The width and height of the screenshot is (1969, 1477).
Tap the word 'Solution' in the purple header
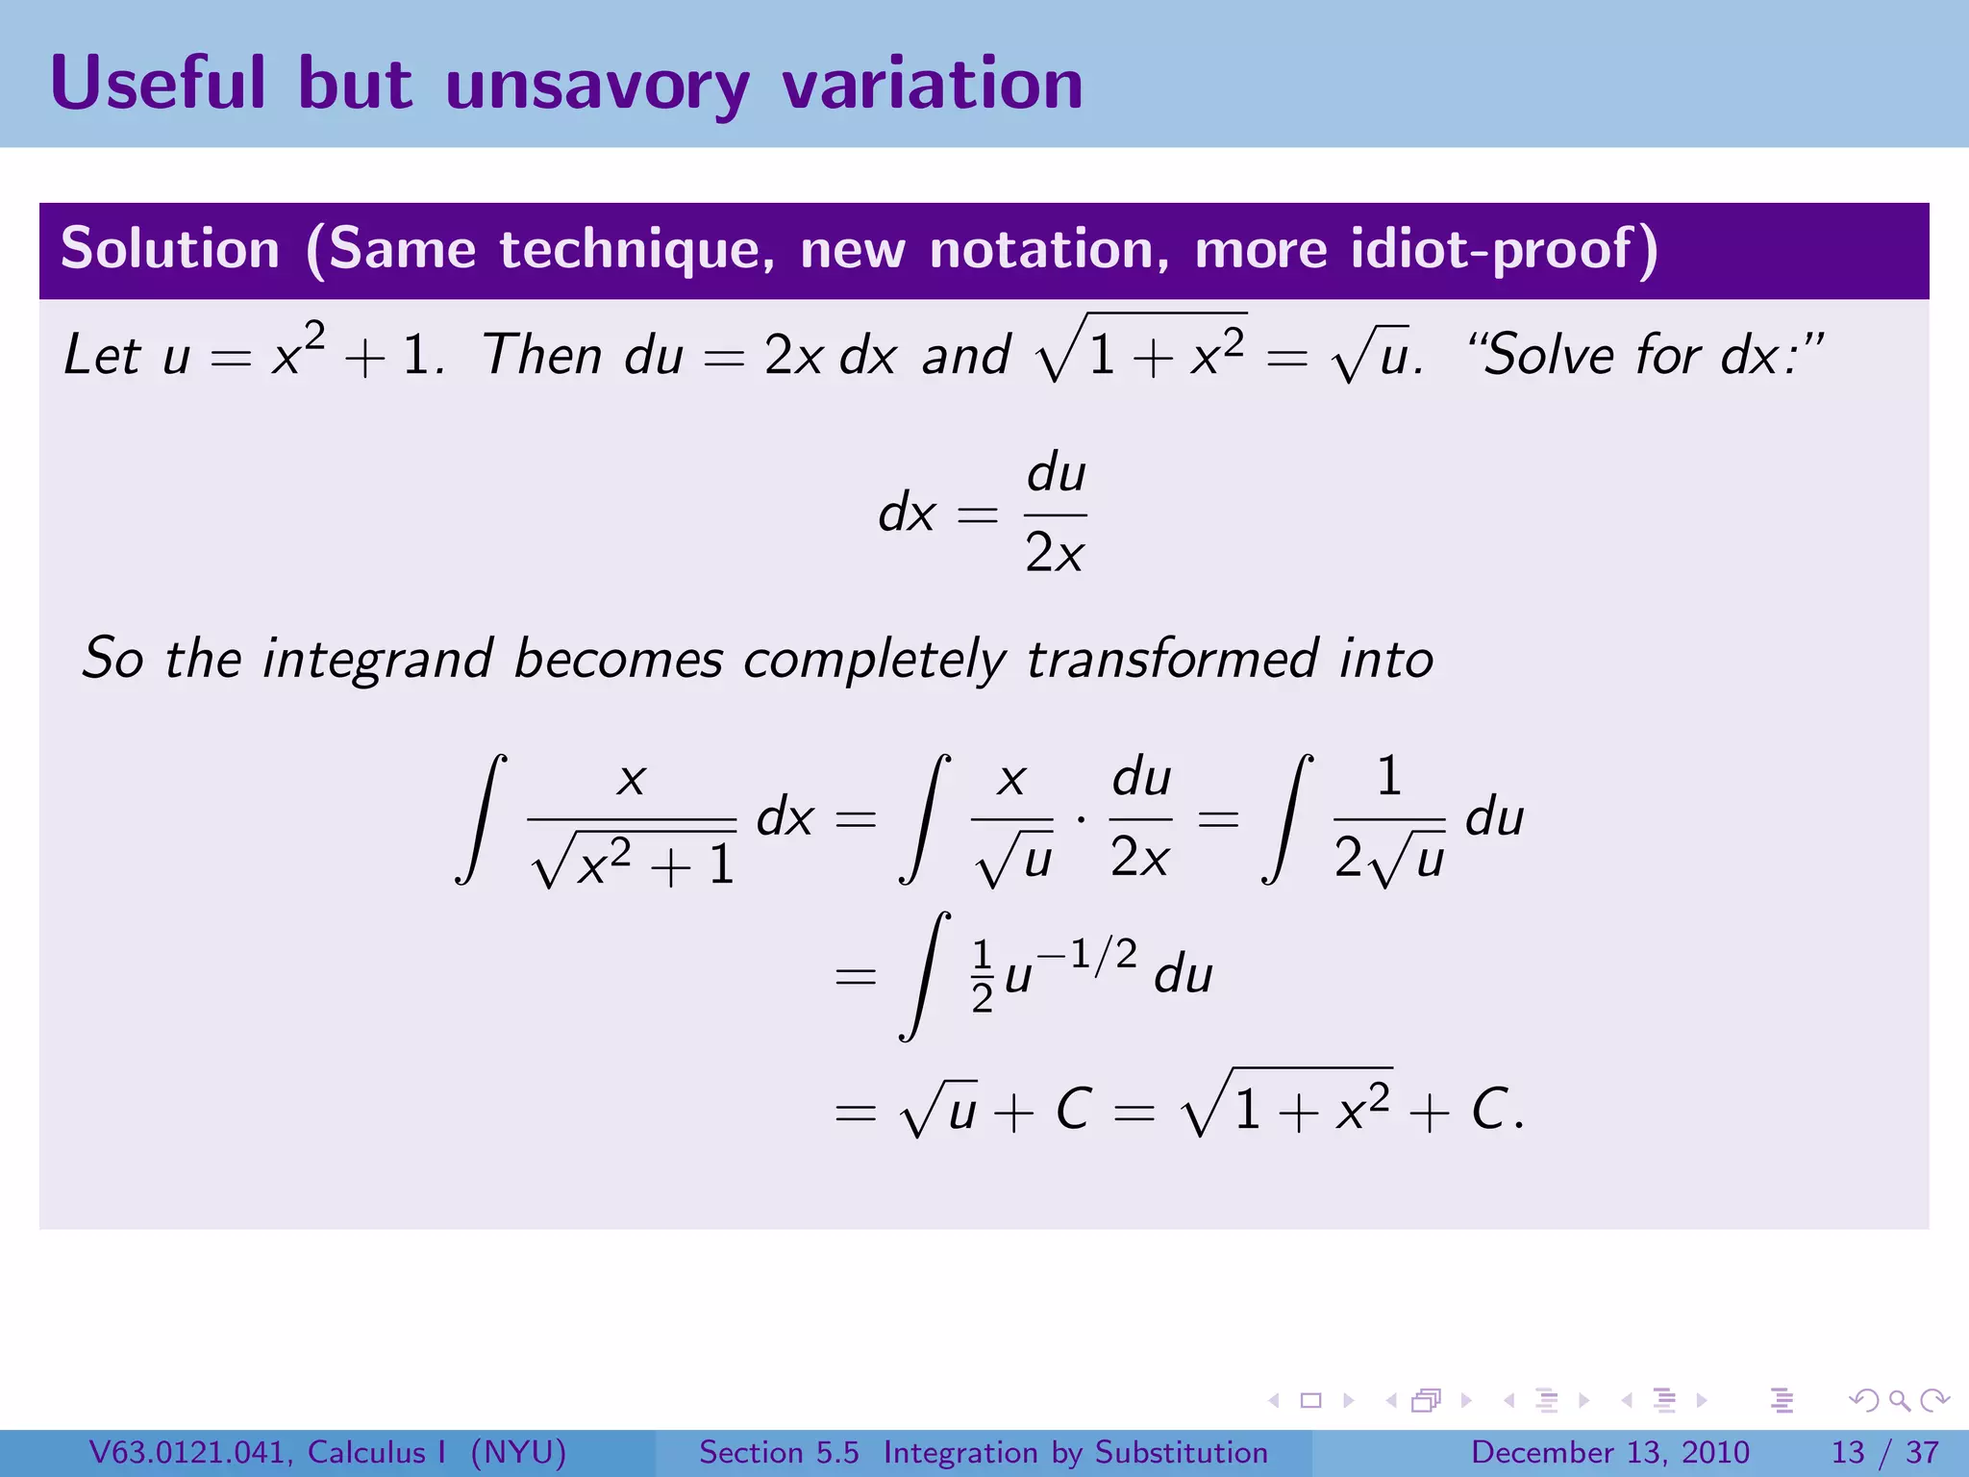coord(170,249)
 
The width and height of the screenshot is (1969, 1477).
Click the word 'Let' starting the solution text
coord(102,355)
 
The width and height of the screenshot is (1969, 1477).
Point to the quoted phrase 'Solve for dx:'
coord(1645,355)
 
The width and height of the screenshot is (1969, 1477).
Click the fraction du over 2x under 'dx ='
coord(1055,514)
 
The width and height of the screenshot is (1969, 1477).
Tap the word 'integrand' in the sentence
coord(377,660)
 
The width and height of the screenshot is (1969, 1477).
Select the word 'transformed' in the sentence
coord(1171,660)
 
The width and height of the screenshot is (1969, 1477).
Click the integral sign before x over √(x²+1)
coord(481,818)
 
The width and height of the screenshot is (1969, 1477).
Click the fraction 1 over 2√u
coord(1389,818)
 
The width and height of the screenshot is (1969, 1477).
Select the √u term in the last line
coord(939,1111)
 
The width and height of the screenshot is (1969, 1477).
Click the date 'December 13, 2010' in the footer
coord(1609,1452)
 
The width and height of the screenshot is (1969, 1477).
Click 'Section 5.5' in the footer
coord(779,1452)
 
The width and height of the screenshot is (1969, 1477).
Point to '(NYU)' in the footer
coord(518,1452)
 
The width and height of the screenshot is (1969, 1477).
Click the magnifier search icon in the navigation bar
coord(1899,1401)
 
